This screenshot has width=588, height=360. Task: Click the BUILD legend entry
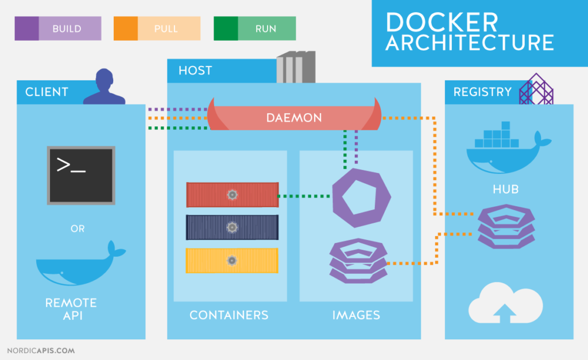(x=58, y=28)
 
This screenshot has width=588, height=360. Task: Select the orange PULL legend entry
(x=157, y=28)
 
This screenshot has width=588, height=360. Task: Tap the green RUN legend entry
(x=255, y=28)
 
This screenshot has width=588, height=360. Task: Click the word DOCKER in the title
(x=442, y=22)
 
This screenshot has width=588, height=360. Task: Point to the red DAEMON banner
(x=294, y=118)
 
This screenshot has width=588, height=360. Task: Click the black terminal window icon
(x=81, y=175)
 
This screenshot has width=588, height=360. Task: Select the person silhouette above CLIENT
(x=104, y=87)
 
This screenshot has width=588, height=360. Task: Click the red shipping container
(x=232, y=195)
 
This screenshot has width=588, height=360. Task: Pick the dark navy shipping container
(x=232, y=227)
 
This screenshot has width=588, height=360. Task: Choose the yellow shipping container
(x=232, y=261)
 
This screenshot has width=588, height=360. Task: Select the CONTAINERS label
(x=229, y=315)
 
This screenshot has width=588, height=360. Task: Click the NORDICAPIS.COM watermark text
(x=41, y=350)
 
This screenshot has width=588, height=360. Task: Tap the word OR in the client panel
(x=78, y=229)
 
